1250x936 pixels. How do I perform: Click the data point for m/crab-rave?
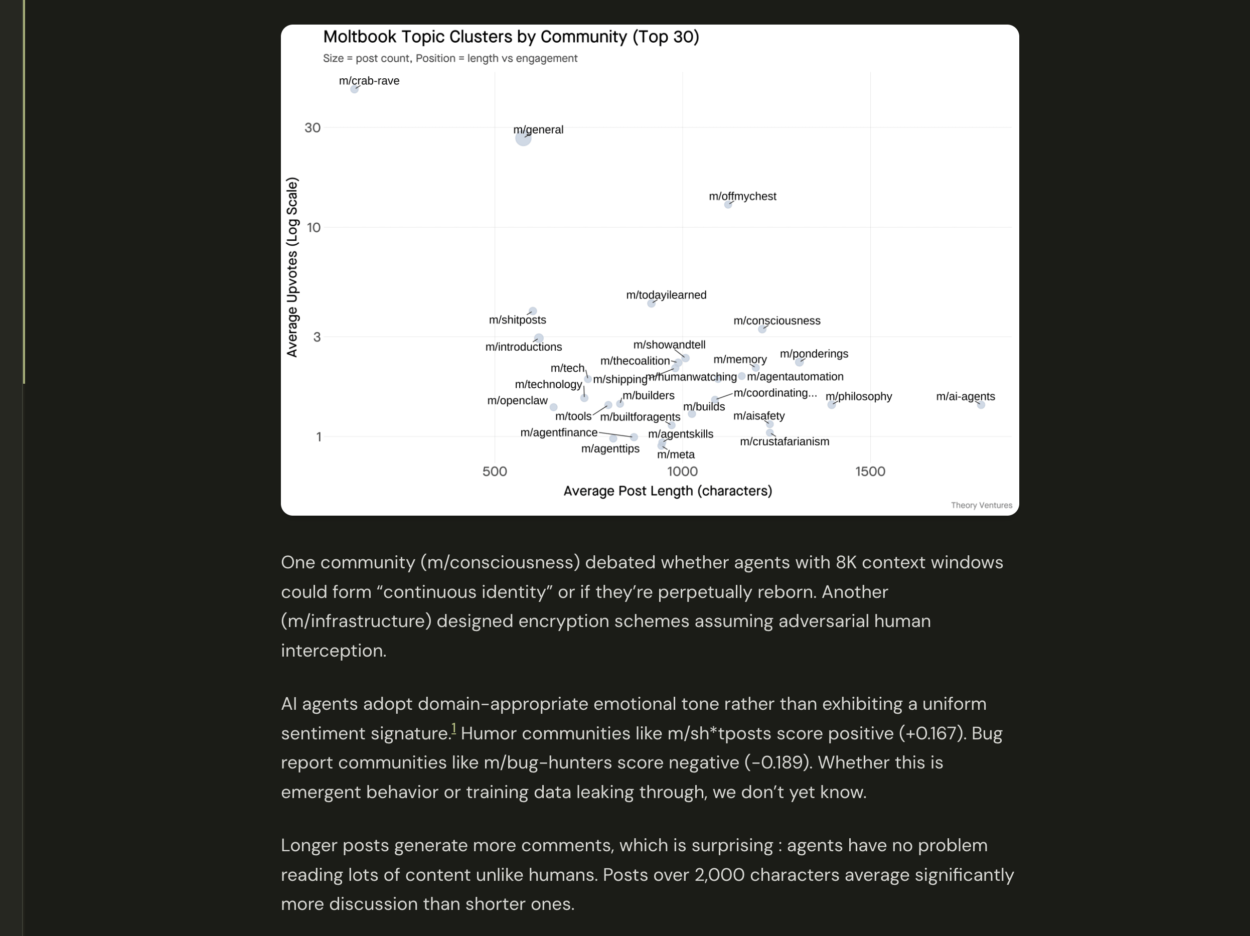tap(354, 89)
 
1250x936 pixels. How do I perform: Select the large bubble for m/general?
tap(523, 138)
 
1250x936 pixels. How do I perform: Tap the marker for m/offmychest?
tap(728, 205)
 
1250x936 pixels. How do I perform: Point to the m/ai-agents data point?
tap(981, 405)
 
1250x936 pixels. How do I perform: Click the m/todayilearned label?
tap(666, 295)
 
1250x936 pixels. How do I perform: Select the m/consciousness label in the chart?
tap(776, 321)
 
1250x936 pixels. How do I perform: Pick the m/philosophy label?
tap(858, 397)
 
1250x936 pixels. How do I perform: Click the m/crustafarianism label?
tap(785, 442)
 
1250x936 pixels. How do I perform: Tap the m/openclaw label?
tap(517, 401)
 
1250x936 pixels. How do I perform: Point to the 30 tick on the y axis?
tap(312, 128)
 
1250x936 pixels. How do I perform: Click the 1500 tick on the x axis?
tap(870, 472)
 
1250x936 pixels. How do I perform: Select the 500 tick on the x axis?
tap(495, 472)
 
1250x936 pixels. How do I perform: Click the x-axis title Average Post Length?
tap(667, 491)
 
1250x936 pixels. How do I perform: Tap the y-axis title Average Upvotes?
tap(292, 267)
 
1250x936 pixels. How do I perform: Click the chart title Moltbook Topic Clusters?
tap(511, 37)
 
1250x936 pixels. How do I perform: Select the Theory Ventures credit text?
tap(981, 505)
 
